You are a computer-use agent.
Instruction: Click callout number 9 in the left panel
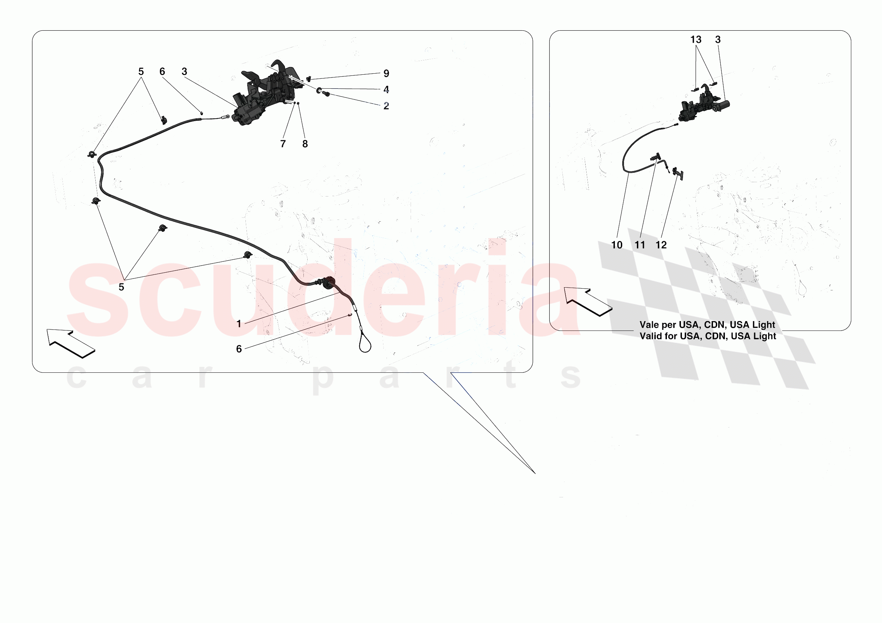[x=386, y=73]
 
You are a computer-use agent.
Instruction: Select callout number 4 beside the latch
[x=386, y=89]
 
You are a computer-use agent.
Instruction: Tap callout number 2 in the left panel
[x=386, y=106]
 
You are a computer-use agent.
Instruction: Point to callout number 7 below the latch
[x=283, y=144]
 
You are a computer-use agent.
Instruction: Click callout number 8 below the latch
[x=305, y=144]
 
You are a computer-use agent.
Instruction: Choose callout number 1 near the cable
[x=238, y=324]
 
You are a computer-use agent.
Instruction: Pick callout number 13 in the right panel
[x=696, y=39]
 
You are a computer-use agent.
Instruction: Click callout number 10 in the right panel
[x=617, y=245]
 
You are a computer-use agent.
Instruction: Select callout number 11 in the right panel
[x=640, y=245]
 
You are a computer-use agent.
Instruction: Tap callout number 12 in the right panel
[x=661, y=245]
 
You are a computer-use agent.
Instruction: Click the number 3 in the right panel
[x=718, y=39]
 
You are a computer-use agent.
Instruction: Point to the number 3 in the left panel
[x=184, y=72]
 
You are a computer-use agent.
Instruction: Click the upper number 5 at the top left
[x=141, y=72]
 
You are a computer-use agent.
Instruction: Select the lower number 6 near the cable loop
[x=238, y=349]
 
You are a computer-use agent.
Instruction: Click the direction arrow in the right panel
[x=588, y=302]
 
